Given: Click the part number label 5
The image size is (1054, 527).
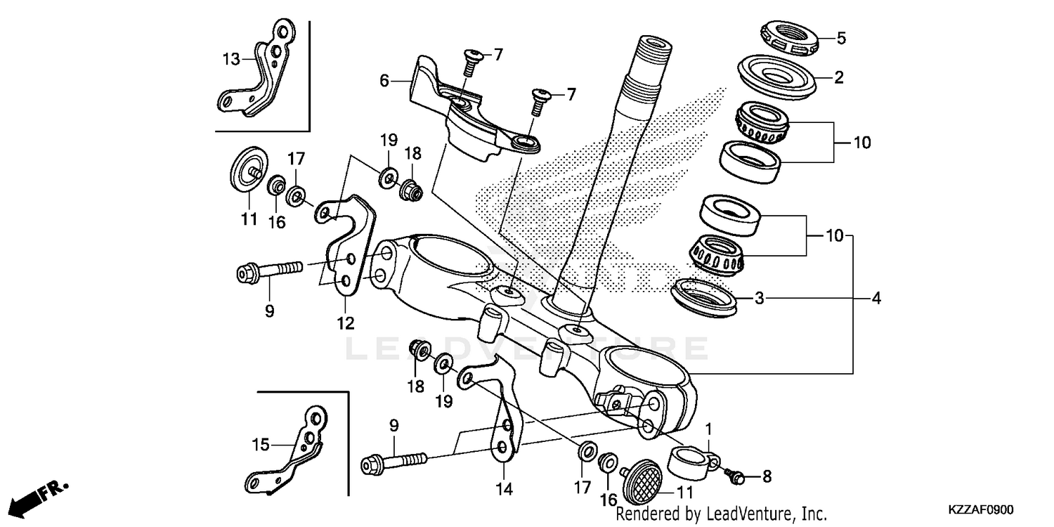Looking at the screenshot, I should coord(841,39).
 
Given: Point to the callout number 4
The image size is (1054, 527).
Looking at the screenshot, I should coord(875,299).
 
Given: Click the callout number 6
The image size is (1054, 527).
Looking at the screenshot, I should coord(384,81).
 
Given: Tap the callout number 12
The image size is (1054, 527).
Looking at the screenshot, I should coord(345,324).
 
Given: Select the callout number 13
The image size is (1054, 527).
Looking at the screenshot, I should coord(231,59).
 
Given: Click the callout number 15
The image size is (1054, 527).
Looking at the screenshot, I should coord(261,444).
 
